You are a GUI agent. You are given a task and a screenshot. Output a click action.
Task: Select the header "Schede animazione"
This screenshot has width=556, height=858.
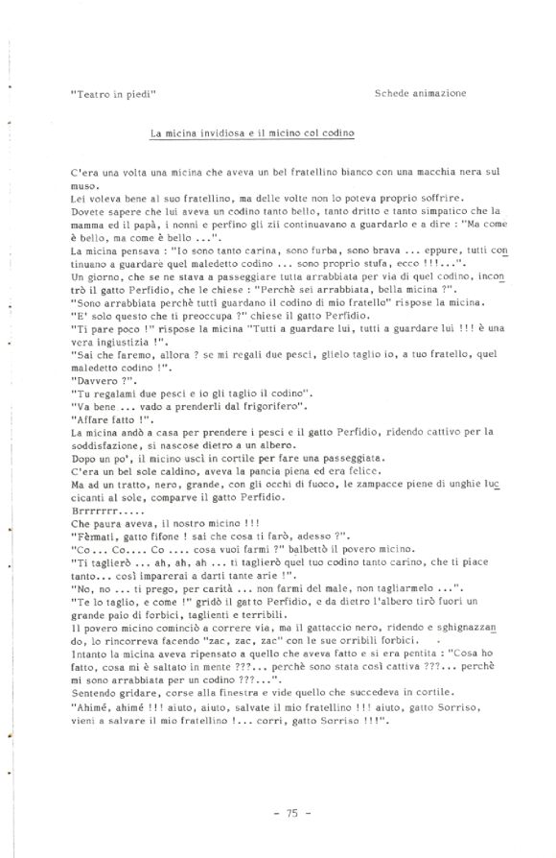point(421,94)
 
